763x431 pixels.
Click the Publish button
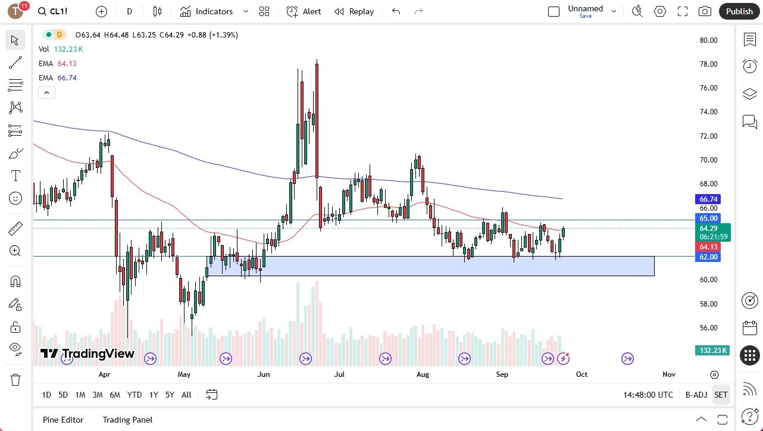pos(739,11)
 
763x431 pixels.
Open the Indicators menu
pos(214,11)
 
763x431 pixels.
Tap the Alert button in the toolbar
pos(304,11)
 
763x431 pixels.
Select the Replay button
pos(354,11)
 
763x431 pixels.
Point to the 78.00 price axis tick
pos(708,64)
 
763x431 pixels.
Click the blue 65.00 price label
pos(708,218)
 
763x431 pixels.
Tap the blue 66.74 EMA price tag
pos(708,199)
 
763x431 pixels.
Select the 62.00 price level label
pos(708,257)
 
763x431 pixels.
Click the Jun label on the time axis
pos(264,374)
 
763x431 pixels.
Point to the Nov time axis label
pos(669,374)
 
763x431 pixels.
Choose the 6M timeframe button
pos(115,395)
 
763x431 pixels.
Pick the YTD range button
pos(135,395)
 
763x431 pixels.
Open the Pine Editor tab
pos(63,420)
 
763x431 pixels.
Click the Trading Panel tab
pos(127,420)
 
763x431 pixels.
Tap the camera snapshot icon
pos(705,11)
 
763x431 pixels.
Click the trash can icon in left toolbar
pos(15,379)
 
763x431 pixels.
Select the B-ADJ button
pos(696,395)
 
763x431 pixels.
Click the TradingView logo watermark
pos(87,354)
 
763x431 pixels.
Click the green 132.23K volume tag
pos(712,350)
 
